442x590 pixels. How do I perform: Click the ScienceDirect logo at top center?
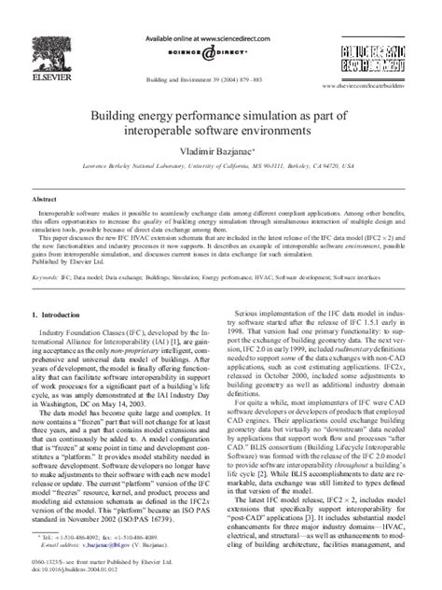(x=220, y=39)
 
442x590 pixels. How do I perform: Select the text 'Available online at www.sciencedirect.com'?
(x=221, y=17)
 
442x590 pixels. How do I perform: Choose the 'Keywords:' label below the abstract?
(x=48, y=277)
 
